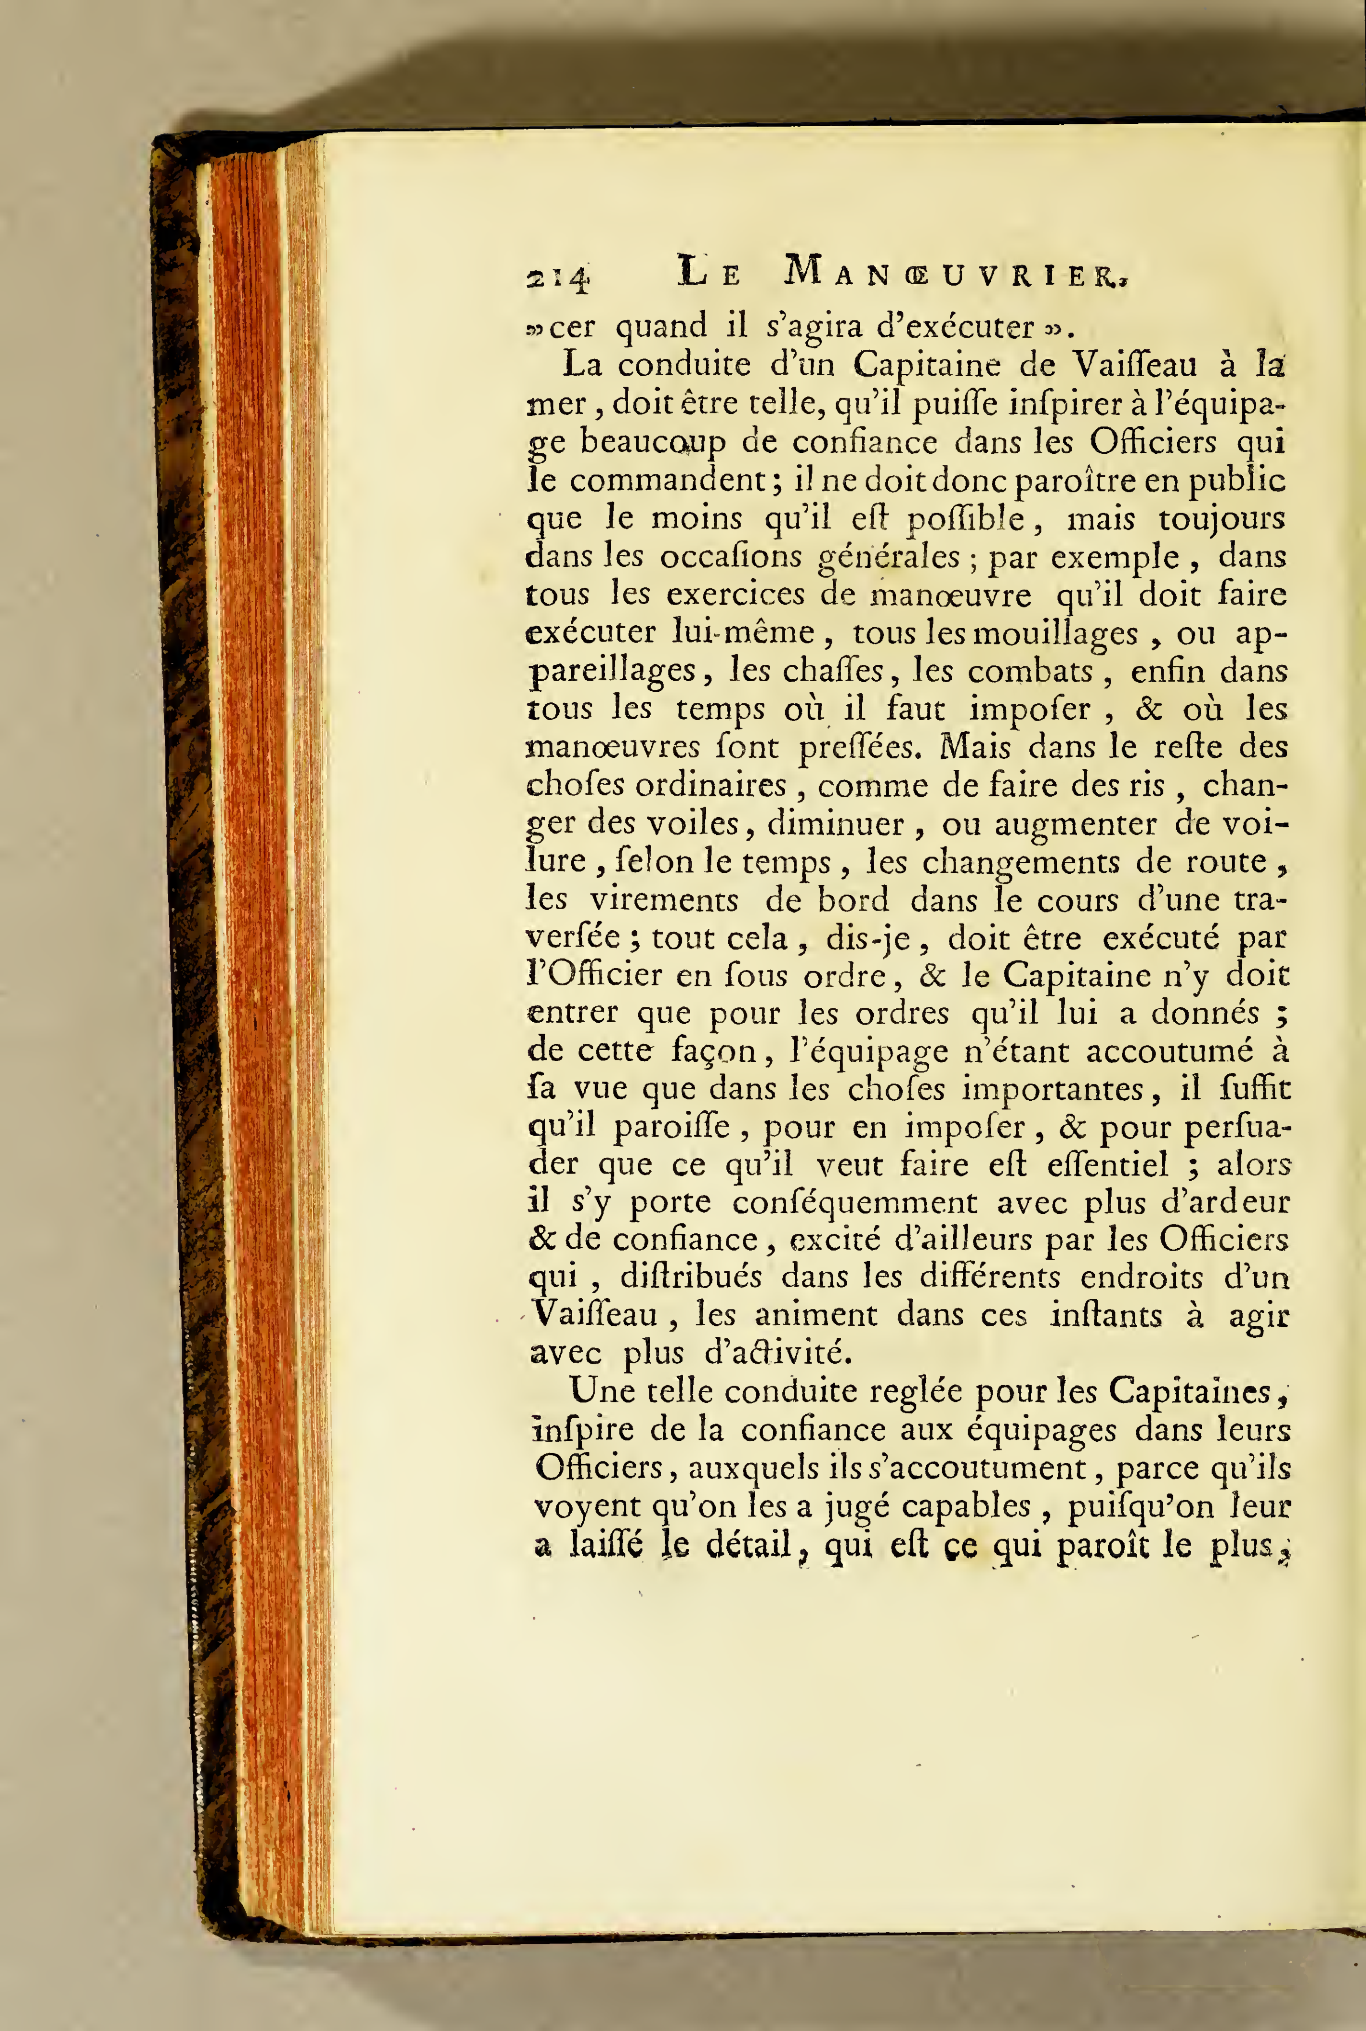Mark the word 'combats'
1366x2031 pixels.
click(1031, 672)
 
